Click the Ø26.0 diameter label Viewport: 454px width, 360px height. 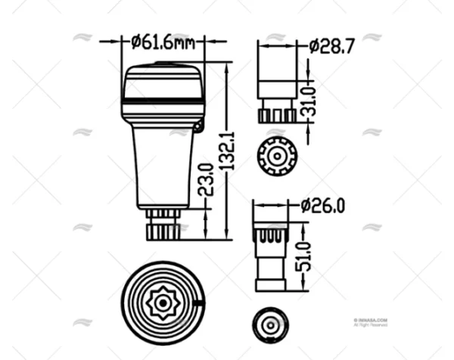pyautogui.click(x=324, y=205)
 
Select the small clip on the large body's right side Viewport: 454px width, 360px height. pyautogui.click(x=199, y=126)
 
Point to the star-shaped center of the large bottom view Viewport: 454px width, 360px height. pyautogui.click(x=163, y=300)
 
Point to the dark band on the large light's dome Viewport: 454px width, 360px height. pyautogui.click(x=163, y=99)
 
